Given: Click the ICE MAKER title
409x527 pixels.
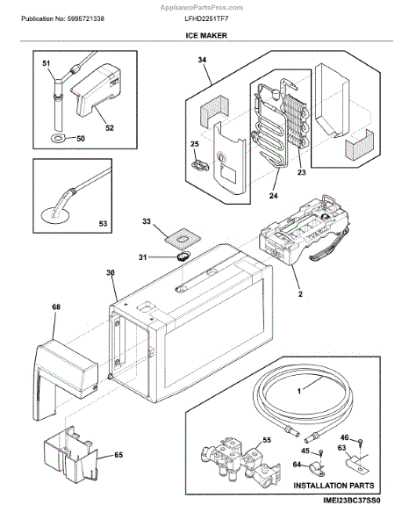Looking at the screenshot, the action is point(206,35).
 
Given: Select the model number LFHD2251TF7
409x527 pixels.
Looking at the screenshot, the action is point(206,18).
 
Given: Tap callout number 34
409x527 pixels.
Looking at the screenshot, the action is point(202,60).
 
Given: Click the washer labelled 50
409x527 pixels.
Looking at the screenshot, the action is point(58,137).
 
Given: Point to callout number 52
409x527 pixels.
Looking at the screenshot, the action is point(110,127).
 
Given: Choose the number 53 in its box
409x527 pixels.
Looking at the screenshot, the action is point(103,223).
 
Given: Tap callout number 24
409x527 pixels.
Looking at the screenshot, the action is point(273,195).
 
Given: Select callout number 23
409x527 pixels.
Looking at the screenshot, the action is point(302,172).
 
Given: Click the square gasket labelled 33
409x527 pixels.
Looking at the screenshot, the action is point(183,239).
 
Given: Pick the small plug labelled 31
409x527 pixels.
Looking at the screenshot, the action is point(183,256).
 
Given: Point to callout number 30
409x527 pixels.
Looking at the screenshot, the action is point(110,273).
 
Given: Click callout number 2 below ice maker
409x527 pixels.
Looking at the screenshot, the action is point(300,294).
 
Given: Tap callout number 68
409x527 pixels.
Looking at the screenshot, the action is point(56,307).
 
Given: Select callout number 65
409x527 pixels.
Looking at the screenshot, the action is point(118,455).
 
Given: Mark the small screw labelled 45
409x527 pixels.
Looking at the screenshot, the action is point(320,452).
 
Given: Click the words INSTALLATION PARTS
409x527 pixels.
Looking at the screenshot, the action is point(334,486).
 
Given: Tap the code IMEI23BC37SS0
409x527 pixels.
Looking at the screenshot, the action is point(352,501).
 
